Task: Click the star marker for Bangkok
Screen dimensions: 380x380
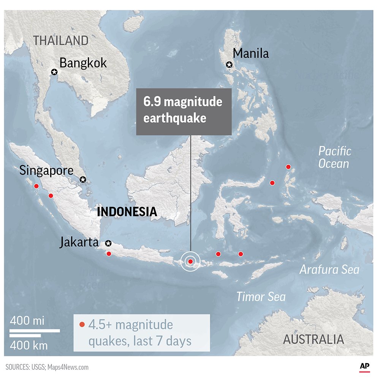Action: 54,72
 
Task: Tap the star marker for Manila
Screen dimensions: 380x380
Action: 229,65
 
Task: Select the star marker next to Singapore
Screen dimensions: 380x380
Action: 83,179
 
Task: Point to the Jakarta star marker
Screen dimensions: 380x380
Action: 108,243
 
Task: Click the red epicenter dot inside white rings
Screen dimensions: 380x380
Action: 190,261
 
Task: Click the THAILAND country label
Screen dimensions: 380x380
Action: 61,40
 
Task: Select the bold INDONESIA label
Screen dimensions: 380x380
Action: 127,212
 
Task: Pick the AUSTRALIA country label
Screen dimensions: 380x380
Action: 313,339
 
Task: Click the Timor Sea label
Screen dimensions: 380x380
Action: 261,296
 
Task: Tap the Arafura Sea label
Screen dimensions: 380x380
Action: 329,270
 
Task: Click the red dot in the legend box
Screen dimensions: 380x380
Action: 82,325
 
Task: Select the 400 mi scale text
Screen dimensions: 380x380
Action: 27,321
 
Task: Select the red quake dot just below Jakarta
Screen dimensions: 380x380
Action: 109,253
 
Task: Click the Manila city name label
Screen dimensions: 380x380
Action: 251,54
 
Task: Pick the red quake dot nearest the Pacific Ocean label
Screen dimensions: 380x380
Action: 288,167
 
